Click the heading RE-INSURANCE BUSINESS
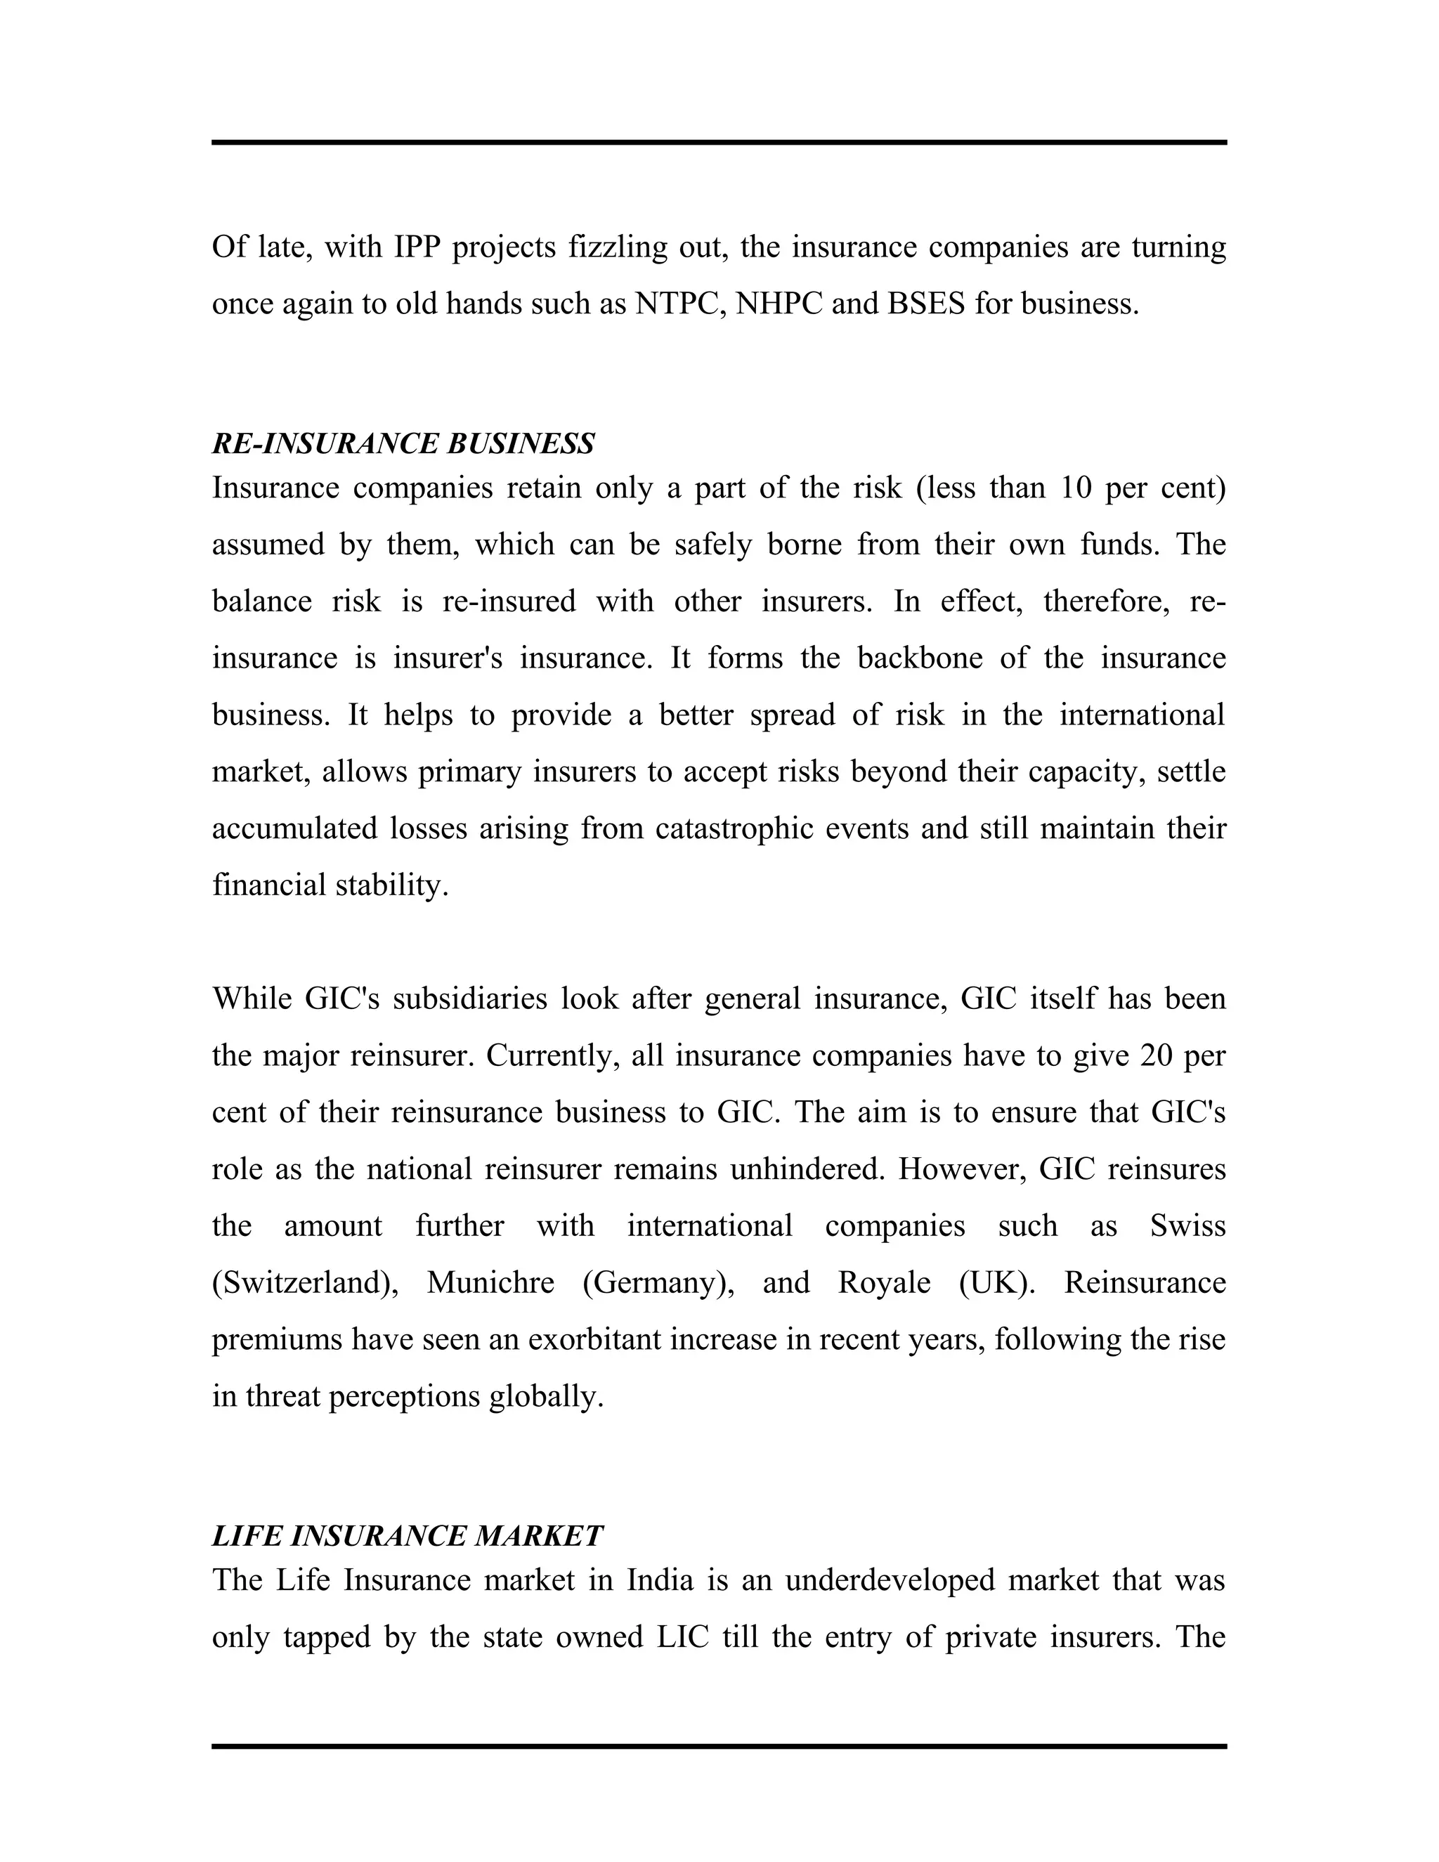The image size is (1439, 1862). [x=403, y=444]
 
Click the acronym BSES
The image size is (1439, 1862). [x=926, y=304]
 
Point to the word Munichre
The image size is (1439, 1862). [x=490, y=1283]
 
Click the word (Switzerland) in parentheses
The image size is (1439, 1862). [x=304, y=1283]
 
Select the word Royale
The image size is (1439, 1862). [x=883, y=1283]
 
